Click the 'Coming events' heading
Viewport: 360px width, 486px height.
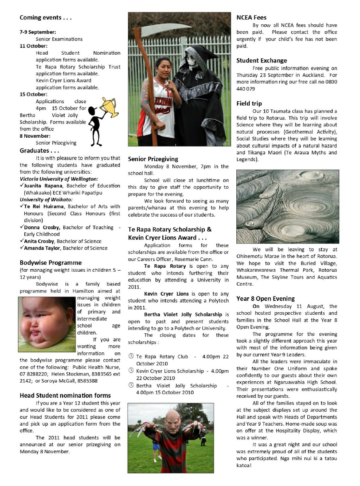coord(46,18)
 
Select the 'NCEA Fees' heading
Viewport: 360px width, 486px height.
coord(251,18)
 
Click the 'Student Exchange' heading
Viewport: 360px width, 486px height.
coord(261,61)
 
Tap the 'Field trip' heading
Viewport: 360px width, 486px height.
coord(249,104)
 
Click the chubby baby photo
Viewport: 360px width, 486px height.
coord(47,324)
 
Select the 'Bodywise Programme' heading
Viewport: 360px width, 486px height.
coord(51,263)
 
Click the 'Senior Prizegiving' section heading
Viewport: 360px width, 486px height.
coord(153,159)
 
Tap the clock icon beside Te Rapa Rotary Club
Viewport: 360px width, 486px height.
coord(131,356)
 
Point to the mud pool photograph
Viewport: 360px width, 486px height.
coord(287,207)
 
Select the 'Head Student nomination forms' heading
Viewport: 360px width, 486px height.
coord(65,395)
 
